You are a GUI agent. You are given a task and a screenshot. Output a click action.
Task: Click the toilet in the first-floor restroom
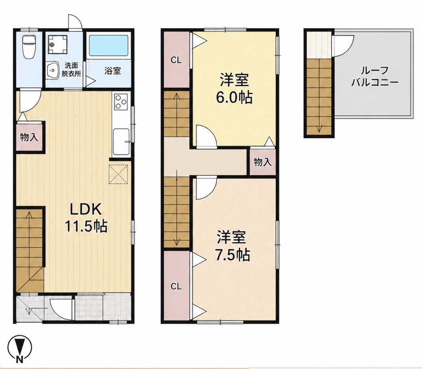pyautogui.click(x=28, y=46)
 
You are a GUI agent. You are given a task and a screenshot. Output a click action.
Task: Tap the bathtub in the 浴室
pyautogui.click(x=108, y=46)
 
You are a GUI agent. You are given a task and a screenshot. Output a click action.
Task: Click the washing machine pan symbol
pyautogui.click(x=56, y=45)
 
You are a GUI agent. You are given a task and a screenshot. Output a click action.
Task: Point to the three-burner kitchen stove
pyautogui.click(x=121, y=102)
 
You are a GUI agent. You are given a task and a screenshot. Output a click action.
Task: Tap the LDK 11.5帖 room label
pyautogui.click(x=86, y=218)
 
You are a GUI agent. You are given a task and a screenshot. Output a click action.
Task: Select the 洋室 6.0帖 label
pyautogui.click(x=234, y=88)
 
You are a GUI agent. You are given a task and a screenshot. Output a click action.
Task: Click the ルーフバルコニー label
pyautogui.click(x=374, y=76)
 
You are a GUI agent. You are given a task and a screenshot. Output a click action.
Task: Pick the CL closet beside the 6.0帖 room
pyautogui.click(x=176, y=60)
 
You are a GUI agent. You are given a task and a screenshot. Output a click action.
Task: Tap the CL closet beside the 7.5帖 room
pyautogui.click(x=176, y=287)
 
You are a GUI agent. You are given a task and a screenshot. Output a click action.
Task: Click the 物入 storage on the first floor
pyautogui.click(x=29, y=138)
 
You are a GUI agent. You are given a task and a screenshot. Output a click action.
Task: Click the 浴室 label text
pyautogui.click(x=113, y=71)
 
